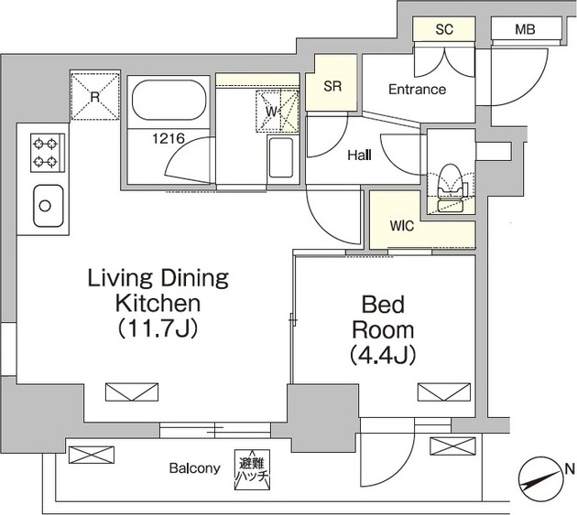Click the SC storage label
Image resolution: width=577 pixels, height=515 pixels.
(444, 29)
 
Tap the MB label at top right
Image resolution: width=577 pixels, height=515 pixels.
(525, 29)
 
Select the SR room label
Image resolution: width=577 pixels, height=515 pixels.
(332, 86)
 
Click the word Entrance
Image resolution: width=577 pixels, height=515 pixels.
(418, 90)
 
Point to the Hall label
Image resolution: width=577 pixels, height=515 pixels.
(359, 156)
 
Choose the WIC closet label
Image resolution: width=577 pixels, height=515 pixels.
(402, 226)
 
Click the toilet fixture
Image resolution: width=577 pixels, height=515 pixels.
(452, 188)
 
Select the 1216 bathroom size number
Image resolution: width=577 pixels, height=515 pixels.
(169, 138)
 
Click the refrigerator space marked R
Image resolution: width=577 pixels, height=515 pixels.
(95, 97)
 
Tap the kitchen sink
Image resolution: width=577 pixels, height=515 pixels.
(48, 206)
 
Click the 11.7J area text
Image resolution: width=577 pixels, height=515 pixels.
(158, 328)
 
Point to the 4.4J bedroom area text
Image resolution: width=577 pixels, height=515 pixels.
(383, 355)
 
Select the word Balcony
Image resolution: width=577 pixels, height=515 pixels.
(195, 468)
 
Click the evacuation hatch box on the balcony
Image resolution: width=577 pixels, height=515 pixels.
(252, 469)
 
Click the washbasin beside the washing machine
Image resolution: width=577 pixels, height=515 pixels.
(281, 157)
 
